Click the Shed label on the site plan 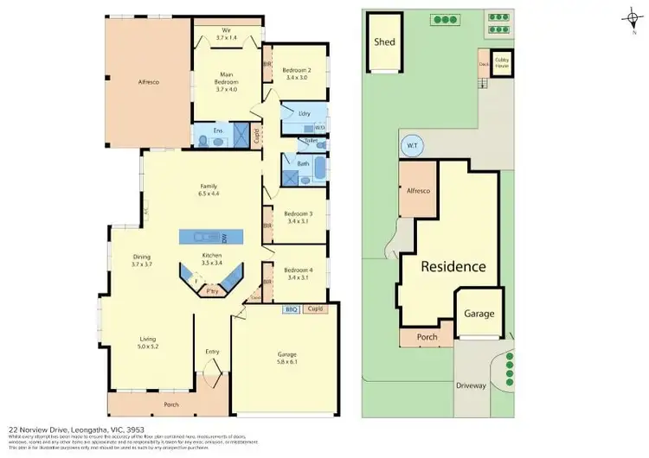383,41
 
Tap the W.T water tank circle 412,146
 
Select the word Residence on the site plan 453,266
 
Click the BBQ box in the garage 291,309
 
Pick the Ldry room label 304,113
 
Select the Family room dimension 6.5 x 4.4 209,194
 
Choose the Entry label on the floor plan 212,352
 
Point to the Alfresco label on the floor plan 150,82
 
